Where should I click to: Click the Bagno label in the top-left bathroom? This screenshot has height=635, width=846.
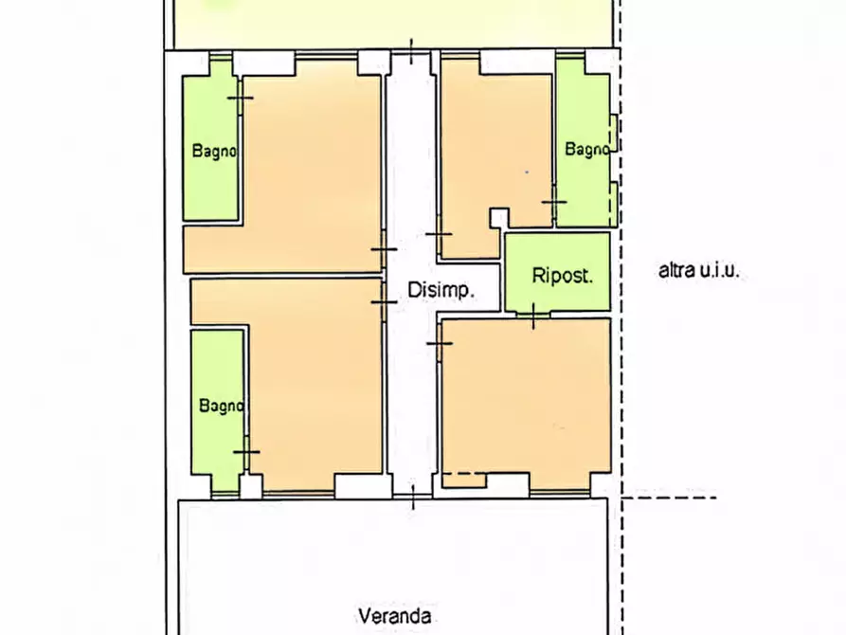[214, 151]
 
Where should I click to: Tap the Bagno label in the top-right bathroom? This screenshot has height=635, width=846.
[587, 149]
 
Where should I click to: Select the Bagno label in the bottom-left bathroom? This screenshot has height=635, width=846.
[222, 406]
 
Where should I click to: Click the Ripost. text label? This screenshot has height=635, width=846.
[562, 277]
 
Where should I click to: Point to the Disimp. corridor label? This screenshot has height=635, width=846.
[441, 291]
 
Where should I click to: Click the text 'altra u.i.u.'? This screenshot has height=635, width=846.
[698, 271]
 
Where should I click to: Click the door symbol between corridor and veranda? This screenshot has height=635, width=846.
[413, 496]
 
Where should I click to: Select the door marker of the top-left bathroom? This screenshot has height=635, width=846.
[241, 98]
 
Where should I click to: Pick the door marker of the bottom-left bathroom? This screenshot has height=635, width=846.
[246, 452]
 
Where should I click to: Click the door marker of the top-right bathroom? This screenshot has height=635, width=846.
[554, 202]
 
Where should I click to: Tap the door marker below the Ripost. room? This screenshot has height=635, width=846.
[534, 315]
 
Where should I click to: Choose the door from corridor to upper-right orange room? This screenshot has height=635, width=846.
[439, 233]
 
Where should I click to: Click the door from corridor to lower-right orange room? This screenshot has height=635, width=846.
[440, 342]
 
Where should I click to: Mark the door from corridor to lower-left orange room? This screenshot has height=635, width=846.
[383, 301]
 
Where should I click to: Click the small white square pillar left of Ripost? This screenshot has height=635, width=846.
[498, 218]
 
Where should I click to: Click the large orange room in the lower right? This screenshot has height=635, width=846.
[526, 398]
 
